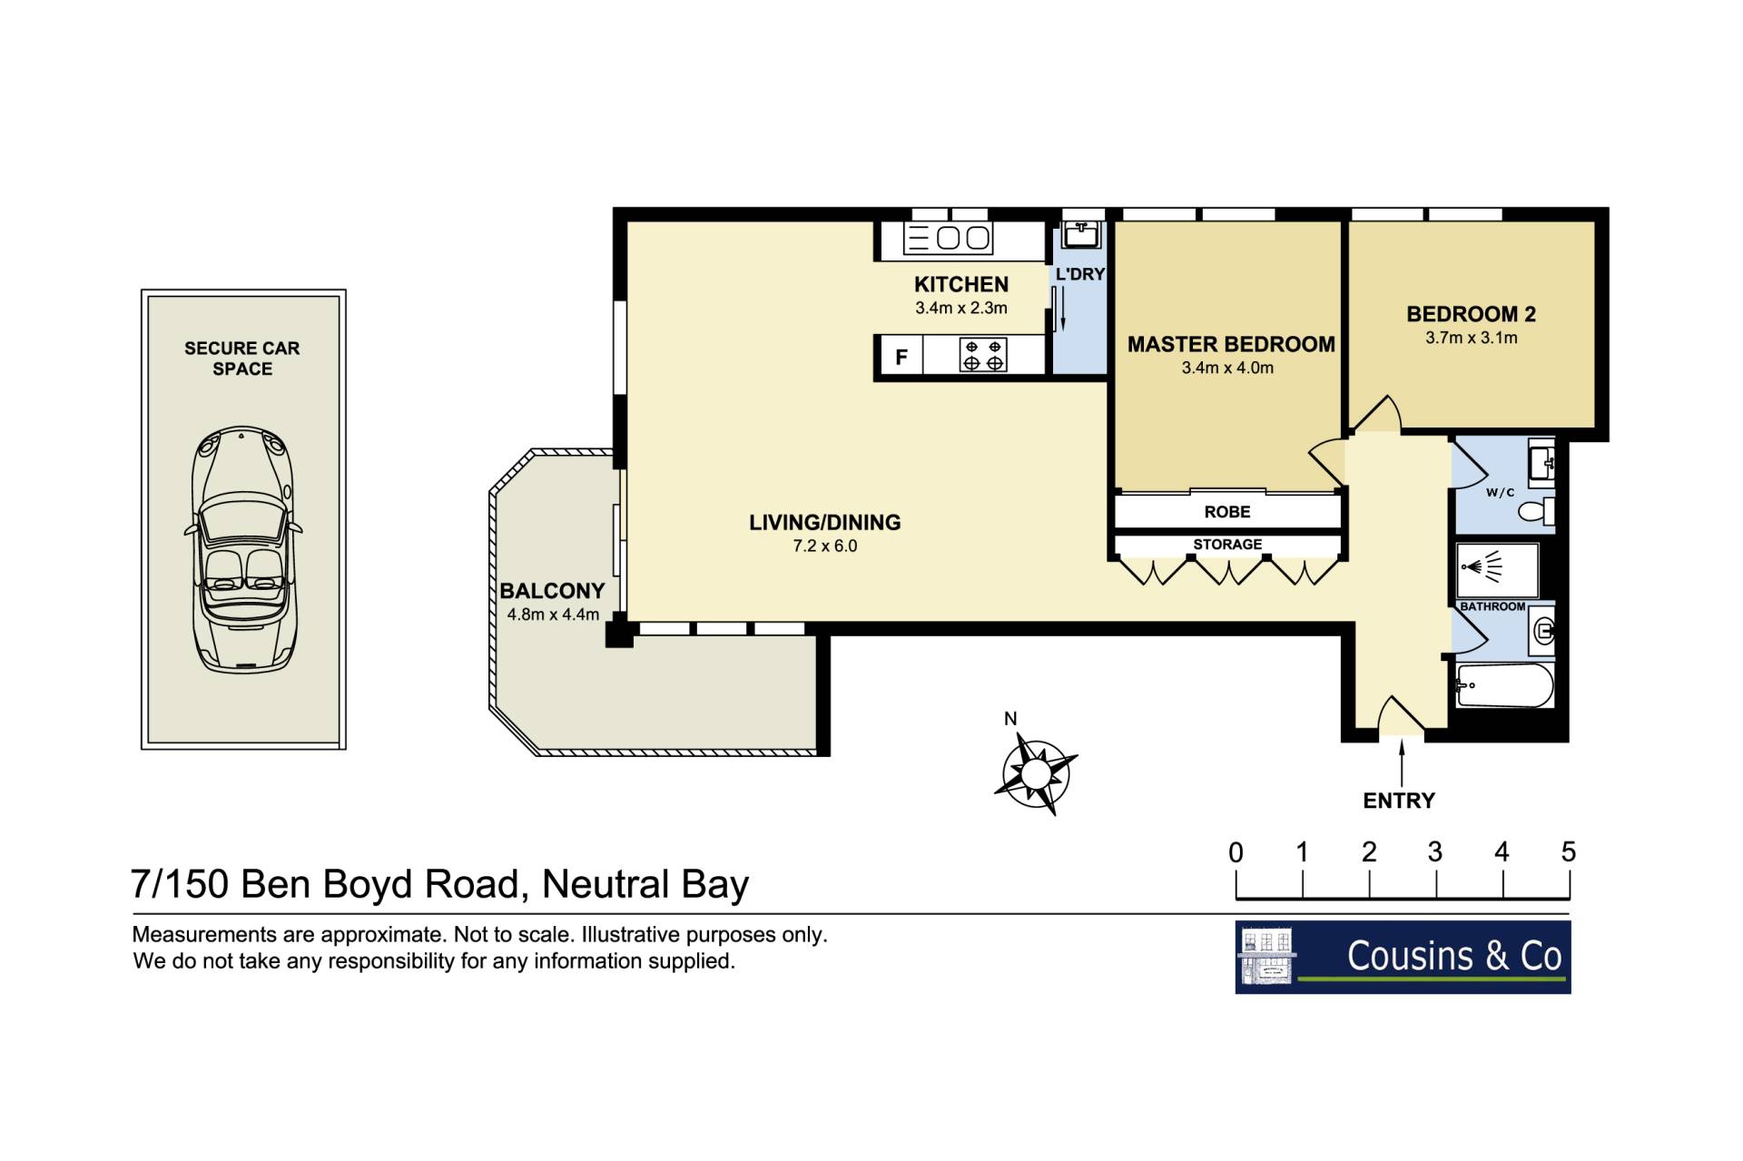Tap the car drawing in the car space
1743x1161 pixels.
(x=242, y=549)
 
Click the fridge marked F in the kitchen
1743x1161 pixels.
(x=901, y=356)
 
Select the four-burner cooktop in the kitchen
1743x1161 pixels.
(x=983, y=355)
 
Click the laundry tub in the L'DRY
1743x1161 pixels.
(x=1080, y=234)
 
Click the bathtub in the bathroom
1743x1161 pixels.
(x=1504, y=685)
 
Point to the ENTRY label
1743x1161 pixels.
(x=1399, y=801)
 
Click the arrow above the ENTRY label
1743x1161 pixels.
(x=1402, y=763)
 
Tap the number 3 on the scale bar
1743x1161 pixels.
(x=1435, y=851)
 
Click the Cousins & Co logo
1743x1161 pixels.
(x=1403, y=958)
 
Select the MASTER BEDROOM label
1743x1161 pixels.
(x=1231, y=344)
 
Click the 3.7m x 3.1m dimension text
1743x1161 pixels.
(x=1471, y=338)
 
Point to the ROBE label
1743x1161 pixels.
(x=1227, y=512)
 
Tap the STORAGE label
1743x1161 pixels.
(x=1227, y=544)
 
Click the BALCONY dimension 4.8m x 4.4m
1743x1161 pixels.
(x=553, y=615)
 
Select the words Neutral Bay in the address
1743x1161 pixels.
(x=645, y=884)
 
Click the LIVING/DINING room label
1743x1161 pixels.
(x=824, y=522)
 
